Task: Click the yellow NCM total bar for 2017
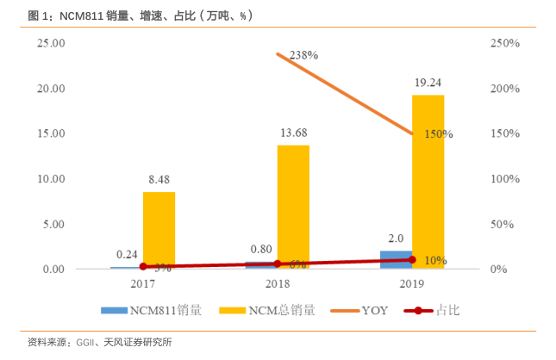point(159,230)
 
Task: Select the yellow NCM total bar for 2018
point(293,207)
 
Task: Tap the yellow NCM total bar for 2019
point(428,182)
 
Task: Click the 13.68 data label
point(293,133)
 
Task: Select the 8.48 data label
point(159,180)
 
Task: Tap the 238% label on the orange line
point(303,54)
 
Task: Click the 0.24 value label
point(127,254)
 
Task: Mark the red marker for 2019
point(412,259)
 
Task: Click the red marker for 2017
point(143,267)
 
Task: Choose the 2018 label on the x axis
point(278,282)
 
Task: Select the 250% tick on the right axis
point(503,43)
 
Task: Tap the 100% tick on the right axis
point(503,178)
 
